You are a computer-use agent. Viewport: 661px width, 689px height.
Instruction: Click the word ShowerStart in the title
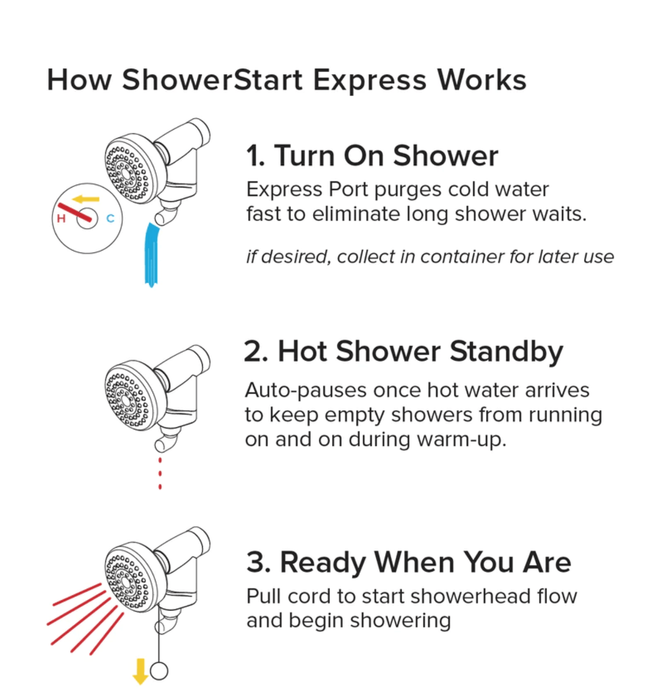pyautogui.click(x=212, y=80)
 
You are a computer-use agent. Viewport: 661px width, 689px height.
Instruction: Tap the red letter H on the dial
pyautogui.click(x=61, y=218)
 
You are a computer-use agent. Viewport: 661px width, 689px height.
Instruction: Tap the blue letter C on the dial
pyautogui.click(x=111, y=218)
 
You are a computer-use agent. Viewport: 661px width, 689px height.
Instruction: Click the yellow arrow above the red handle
pyautogui.click(x=86, y=199)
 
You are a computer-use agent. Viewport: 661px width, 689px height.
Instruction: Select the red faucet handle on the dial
pyautogui.click(x=75, y=212)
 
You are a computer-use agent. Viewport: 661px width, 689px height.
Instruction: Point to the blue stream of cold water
pyautogui.click(x=152, y=255)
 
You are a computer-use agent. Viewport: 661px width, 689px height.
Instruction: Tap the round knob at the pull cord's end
pyautogui.click(x=159, y=671)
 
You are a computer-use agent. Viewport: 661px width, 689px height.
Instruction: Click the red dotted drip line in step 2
pyautogui.click(x=160, y=474)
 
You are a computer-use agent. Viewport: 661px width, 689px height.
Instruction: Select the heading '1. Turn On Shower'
pyautogui.click(x=372, y=156)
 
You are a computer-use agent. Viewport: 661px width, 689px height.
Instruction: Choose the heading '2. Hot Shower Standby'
pyautogui.click(x=404, y=352)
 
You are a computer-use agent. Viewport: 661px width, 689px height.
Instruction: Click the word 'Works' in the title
pyautogui.click(x=482, y=80)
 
